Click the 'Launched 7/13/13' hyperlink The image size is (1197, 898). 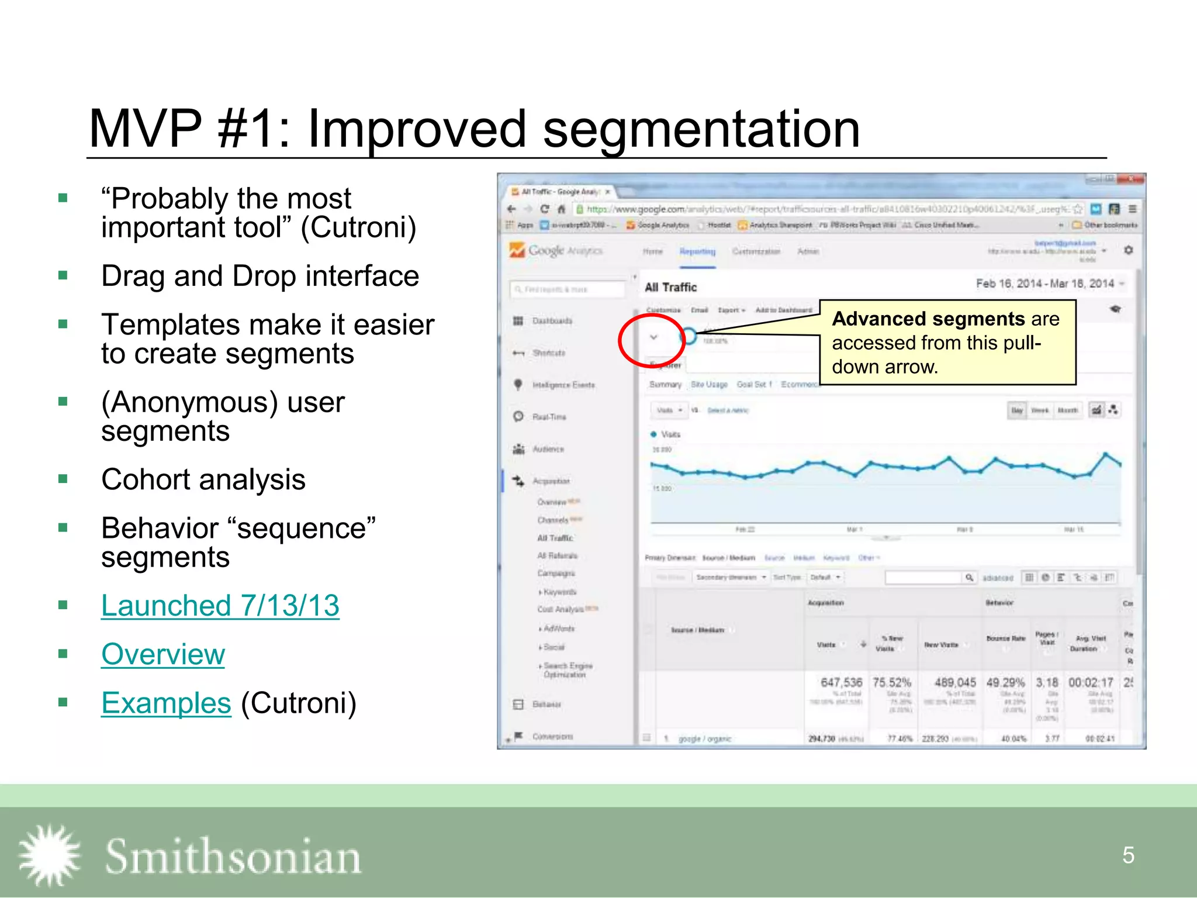point(220,606)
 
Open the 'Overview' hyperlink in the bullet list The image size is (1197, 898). point(162,654)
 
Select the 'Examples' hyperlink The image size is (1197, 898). point(166,703)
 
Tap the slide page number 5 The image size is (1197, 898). point(1128,855)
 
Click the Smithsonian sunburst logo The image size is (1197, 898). point(49,856)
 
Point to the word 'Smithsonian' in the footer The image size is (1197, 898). point(233,857)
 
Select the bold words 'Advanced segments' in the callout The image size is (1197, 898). point(928,319)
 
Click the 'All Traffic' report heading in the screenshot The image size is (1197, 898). point(670,287)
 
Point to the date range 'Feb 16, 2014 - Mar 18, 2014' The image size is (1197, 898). point(1045,284)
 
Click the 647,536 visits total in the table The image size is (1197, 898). point(841,682)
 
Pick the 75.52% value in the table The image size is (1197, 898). point(891,682)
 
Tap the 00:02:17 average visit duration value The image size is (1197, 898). point(1091,682)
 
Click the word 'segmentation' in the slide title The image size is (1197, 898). point(701,129)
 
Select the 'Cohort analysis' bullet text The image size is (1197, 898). point(203,480)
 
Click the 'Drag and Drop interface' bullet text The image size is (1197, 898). point(260,276)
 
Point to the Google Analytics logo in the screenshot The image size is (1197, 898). point(555,251)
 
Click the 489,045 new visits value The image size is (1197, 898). point(955,682)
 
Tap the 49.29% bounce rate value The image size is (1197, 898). point(1005,682)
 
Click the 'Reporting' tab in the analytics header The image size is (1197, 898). point(697,251)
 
